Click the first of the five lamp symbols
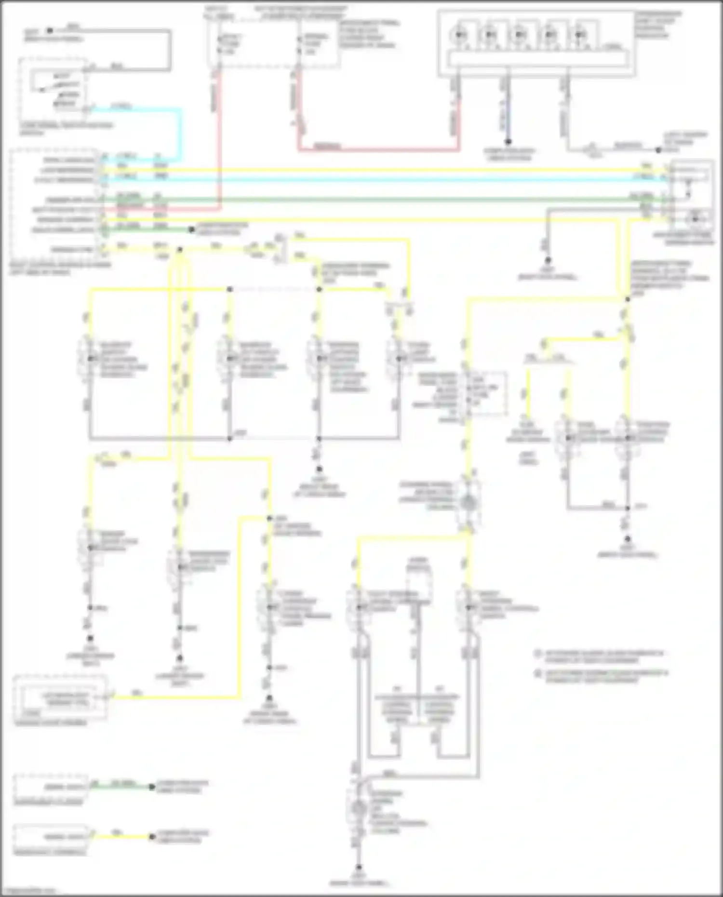tap(460, 35)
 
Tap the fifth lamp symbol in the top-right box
tap(580, 35)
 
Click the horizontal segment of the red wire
tap(378, 150)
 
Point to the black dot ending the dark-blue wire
tap(508, 142)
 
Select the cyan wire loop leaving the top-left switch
tap(181, 133)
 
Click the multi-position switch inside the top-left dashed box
tap(55, 89)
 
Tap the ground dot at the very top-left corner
tap(49, 31)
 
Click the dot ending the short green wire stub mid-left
tap(191, 230)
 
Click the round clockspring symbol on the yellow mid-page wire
tap(468, 503)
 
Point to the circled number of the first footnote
tap(538, 654)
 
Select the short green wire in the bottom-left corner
tap(123, 787)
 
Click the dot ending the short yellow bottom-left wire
tap(152, 836)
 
